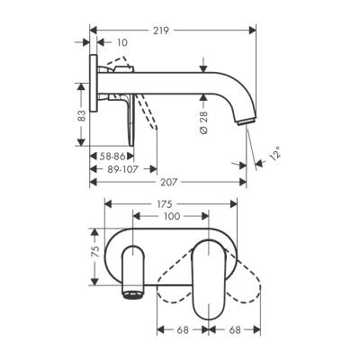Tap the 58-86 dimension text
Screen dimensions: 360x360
tap(110, 154)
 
